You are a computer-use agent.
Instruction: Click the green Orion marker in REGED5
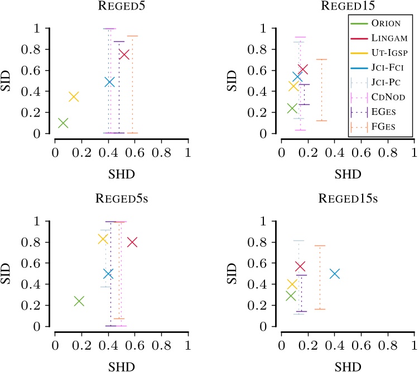(x=63, y=123)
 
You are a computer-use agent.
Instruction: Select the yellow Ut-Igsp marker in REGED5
(x=74, y=96)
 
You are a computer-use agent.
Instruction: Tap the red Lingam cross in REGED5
(x=124, y=54)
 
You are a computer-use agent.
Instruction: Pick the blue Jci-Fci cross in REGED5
(x=109, y=81)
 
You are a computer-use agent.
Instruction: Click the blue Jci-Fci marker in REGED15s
(x=334, y=273)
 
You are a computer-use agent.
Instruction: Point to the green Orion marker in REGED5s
(x=79, y=301)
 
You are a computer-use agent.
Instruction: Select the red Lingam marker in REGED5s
(x=132, y=242)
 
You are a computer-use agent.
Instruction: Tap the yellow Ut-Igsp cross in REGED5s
(x=103, y=239)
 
